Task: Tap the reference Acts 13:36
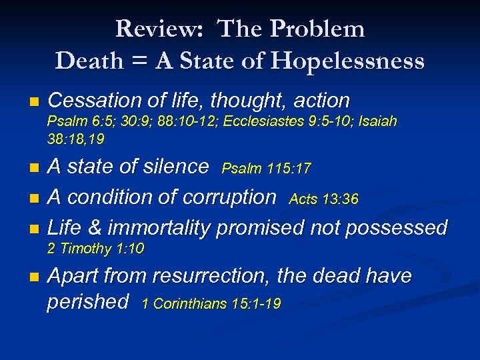click(x=324, y=199)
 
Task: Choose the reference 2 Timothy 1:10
click(x=96, y=249)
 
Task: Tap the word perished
click(x=88, y=302)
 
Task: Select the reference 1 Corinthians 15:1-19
click(x=212, y=304)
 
